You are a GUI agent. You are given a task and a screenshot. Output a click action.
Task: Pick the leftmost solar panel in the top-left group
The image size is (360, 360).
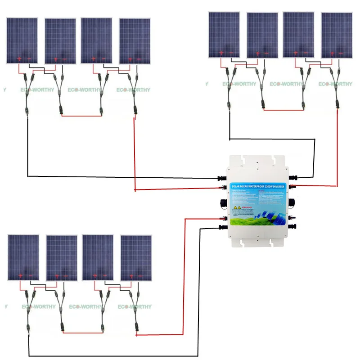pos(22,40)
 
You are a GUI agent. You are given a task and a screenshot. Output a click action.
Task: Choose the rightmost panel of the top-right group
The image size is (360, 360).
pos(337,35)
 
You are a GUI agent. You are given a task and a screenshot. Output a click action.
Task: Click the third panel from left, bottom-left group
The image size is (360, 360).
pos(98,257)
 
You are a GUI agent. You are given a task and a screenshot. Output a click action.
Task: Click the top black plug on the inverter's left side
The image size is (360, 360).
pos(222,179)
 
